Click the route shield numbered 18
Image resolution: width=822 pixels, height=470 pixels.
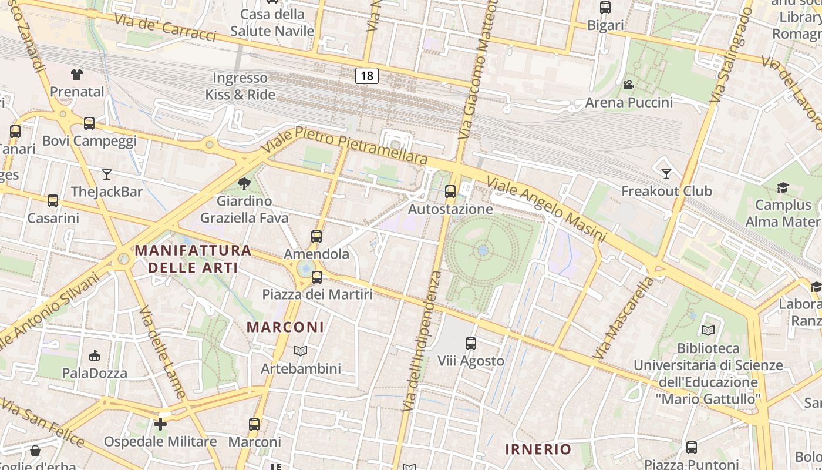(367, 75)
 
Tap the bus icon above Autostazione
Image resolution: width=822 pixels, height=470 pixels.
(450, 192)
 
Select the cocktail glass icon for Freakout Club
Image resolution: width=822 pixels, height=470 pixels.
(666, 174)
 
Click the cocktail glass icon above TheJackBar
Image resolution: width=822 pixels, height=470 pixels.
(106, 174)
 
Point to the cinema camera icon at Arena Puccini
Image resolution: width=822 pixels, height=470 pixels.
(628, 85)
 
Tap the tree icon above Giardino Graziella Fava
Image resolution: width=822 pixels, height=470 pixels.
(244, 184)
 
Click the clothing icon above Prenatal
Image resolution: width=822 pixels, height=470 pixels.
(77, 74)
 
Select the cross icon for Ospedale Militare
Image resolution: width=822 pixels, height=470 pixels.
(160, 424)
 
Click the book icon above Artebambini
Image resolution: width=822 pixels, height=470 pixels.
(301, 351)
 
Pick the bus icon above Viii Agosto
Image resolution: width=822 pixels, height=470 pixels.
(470, 343)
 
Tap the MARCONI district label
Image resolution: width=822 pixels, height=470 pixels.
(285, 327)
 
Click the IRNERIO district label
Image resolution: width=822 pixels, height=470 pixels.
(538, 449)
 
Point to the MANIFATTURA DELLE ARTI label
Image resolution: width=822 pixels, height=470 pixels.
(193, 259)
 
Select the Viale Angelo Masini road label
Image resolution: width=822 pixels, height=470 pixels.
(546, 209)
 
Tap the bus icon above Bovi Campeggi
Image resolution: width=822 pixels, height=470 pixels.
(89, 123)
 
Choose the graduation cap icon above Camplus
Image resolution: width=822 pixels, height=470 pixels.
(783, 187)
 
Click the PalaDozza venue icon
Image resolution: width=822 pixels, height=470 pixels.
(95, 355)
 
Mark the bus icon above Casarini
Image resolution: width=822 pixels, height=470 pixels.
(53, 201)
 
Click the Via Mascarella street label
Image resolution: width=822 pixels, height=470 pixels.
(624, 318)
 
